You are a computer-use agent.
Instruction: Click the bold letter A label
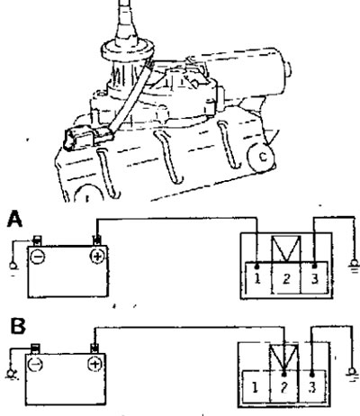[14, 219]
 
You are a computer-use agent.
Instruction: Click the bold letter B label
[18, 326]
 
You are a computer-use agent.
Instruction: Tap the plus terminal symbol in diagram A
[97, 257]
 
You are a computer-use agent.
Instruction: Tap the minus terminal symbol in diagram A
[38, 258]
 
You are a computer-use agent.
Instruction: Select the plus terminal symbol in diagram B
[94, 364]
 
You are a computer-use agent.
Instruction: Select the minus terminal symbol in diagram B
[35, 365]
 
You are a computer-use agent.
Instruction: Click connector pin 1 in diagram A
[258, 277]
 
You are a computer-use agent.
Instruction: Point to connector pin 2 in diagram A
[286, 277]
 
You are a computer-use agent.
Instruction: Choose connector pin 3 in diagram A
[314, 277]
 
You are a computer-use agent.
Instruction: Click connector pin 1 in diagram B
[256, 387]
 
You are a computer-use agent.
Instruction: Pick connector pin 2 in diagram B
[284, 387]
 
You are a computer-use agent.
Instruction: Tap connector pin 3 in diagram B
[312, 387]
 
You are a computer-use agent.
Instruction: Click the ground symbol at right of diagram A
[354, 266]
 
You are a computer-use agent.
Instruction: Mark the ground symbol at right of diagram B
[352, 374]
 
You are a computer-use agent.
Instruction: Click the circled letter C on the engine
[262, 158]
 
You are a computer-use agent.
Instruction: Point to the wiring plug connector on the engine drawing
[87, 137]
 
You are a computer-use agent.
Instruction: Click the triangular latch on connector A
[285, 249]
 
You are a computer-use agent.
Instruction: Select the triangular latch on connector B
[283, 357]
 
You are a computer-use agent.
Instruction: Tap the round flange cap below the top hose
[128, 51]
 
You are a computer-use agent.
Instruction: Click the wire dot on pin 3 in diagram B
[312, 375]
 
